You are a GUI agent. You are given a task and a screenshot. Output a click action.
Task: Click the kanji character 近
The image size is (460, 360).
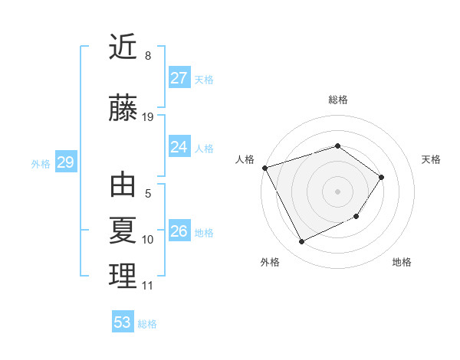pos(123,47)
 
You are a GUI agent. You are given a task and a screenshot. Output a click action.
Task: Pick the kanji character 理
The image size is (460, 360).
pos(123,276)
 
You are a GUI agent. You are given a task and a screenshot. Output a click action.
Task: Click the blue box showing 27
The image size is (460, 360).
pos(179,78)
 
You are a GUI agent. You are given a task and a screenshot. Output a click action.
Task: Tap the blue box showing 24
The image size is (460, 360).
pos(179,147)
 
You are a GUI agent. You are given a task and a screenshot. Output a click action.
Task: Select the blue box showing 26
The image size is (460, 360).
pos(179,231)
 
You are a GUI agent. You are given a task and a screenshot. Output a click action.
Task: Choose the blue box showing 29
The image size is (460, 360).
pos(65,162)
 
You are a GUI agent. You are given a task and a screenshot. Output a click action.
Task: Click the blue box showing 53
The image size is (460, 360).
pos(122,322)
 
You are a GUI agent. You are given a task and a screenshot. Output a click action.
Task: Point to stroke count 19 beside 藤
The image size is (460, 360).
pos(148,117)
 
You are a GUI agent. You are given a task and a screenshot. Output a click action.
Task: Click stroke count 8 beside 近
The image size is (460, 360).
pos(147,56)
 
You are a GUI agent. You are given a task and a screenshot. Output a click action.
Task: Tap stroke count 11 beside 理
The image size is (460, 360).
pos(147,286)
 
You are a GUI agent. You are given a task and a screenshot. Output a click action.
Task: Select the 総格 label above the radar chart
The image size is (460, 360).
pos(337,100)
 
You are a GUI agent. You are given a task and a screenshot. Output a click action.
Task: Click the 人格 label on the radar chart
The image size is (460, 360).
pos(245,159)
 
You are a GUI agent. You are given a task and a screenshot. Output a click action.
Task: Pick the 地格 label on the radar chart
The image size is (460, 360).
pos(402,262)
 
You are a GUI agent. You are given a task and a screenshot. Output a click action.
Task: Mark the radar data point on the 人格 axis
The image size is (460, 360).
pos(264,167)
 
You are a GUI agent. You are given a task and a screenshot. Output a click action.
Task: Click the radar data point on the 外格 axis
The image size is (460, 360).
pos(301,242)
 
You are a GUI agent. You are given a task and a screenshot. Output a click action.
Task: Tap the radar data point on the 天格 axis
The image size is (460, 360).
pos(382,177)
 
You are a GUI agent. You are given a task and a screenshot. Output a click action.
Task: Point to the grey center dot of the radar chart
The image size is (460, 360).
pos(337,191)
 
